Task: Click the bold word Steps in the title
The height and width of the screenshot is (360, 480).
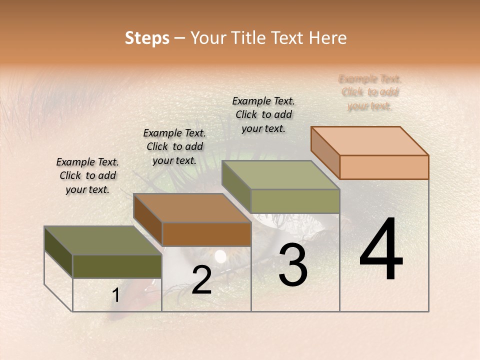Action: point(146,38)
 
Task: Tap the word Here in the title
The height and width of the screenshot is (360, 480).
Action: point(327,38)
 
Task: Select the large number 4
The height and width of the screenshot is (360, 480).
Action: point(381,250)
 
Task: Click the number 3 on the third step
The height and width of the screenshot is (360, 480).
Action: point(293,265)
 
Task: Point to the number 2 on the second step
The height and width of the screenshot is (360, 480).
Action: point(201,280)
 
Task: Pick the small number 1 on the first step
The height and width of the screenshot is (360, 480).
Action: point(116,295)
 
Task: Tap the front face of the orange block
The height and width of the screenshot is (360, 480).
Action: point(384,167)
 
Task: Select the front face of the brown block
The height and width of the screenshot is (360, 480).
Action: point(206,234)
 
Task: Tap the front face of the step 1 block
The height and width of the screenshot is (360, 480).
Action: point(117,266)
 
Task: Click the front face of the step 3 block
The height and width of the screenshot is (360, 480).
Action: point(295,201)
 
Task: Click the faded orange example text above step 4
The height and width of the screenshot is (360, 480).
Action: point(370,92)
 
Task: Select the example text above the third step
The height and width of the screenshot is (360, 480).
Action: point(263,114)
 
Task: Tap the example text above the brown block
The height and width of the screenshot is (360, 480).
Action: point(174,146)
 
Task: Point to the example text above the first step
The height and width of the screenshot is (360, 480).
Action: point(87,175)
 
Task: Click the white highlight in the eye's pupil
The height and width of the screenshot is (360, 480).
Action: point(220,256)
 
